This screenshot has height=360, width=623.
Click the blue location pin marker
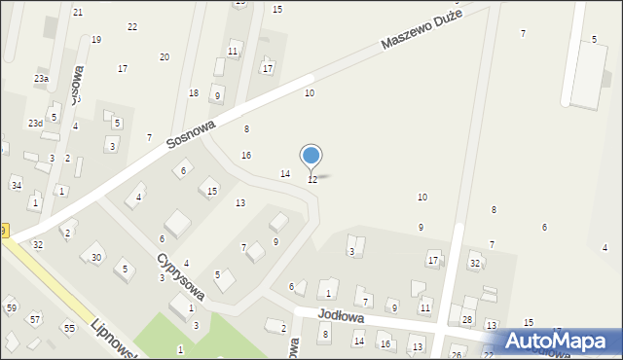[311, 156]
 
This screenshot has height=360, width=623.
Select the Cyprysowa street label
[182, 281]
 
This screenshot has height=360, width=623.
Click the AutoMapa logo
[560, 342]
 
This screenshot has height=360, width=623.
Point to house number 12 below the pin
[312, 180]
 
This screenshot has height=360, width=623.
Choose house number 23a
[41, 79]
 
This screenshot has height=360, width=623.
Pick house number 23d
[35, 124]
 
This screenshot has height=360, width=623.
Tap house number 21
[78, 12]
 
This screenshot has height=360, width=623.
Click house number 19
[96, 40]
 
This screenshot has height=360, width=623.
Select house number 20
[164, 57]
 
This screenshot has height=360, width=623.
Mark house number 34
[17, 185]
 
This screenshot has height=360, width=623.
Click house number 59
[12, 308]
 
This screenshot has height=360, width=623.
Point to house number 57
[35, 319]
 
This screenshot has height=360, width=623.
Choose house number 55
[69, 329]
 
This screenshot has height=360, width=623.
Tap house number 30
[95, 257]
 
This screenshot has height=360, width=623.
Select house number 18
[194, 93]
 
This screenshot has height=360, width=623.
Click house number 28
[467, 320]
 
